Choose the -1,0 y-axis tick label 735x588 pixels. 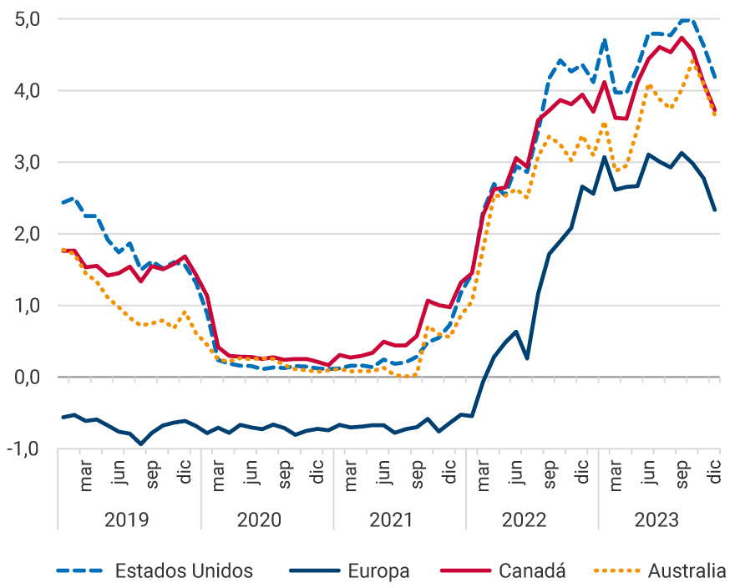click(28, 449)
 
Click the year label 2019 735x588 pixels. click(127, 520)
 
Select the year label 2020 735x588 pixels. click(260, 520)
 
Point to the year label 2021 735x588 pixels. click(392, 520)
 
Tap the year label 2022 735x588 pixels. click(525, 520)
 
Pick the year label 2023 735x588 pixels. click(657, 520)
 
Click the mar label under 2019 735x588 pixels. click(86, 478)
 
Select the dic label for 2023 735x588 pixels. click(716, 474)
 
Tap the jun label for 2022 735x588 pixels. click(517, 477)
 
